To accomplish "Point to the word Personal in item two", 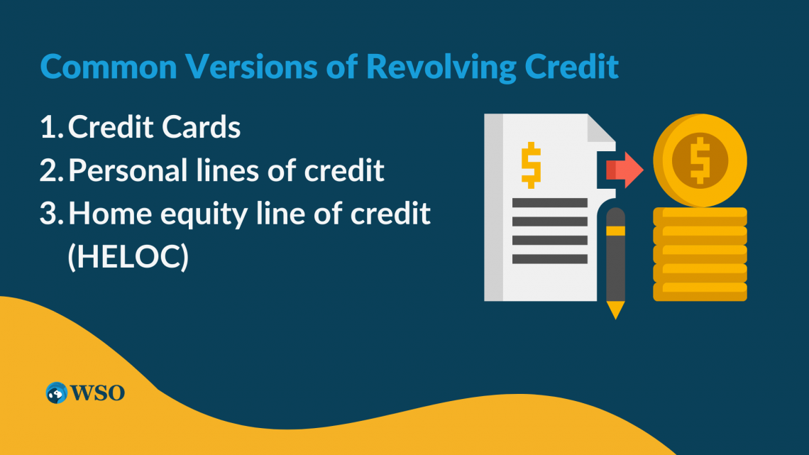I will coord(126,171).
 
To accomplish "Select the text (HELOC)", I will coord(128,257).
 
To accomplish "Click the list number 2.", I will coord(50,171).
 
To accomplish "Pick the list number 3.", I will coord(50,214).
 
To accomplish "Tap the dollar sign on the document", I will coord(530,165).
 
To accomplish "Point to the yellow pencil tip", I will coord(616,310).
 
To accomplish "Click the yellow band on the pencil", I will coord(616,231).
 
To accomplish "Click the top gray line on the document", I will coord(549,203).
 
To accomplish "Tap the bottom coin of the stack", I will coord(700,292).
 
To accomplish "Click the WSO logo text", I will coord(97,393).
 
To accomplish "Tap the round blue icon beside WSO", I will coord(56,393).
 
